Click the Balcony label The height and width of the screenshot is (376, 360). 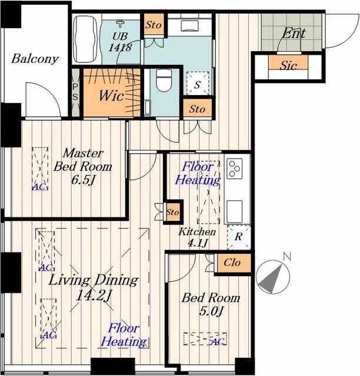pyautogui.click(x=35, y=59)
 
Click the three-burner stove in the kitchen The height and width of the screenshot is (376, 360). pyautogui.click(x=235, y=169)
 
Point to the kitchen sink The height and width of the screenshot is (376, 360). pyautogui.click(x=235, y=211)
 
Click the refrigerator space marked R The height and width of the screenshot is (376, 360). pyautogui.click(x=239, y=237)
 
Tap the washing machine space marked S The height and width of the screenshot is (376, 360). pyautogui.click(x=198, y=84)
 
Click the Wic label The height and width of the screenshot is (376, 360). pyautogui.click(x=111, y=95)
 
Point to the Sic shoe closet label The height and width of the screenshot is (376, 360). pyautogui.click(x=288, y=65)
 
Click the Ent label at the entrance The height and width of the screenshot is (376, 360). pyautogui.click(x=294, y=33)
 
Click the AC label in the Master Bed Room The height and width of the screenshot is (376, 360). pyautogui.click(x=38, y=187)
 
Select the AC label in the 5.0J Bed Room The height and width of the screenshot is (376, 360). pyautogui.click(x=218, y=341)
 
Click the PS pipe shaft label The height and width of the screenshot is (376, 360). pyautogui.click(x=75, y=92)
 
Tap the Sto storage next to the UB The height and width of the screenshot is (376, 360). pyautogui.click(x=154, y=25)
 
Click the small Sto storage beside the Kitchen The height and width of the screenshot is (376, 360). pyautogui.click(x=172, y=212)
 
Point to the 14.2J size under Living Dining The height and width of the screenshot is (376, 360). pyautogui.click(x=94, y=296)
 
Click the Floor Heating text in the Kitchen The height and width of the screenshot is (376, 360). pyautogui.click(x=198, y=173)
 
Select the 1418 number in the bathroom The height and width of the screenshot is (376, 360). pyautogui.click(x=120, y=47)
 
